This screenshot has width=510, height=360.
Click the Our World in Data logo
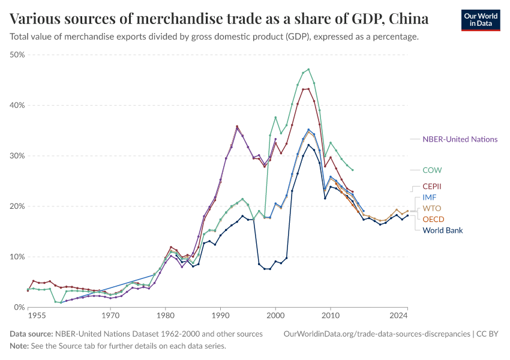(x=480, y=19)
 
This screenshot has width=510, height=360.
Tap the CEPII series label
(x=434, y=187)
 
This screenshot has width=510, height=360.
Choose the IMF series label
(x=430, y=197)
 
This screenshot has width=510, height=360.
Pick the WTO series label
(x=432, y=208)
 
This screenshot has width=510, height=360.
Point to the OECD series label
(x=434, y=219)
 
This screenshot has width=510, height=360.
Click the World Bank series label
(x=443, y=230)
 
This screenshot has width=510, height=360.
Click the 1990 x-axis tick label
(x=220, y=314)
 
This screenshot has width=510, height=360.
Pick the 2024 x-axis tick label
(x=398, y=314)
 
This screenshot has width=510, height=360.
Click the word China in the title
(x=408, y=19)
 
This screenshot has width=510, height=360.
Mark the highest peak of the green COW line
(x=308, y=69)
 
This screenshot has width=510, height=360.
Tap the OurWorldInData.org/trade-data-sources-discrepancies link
(x=377, y=334)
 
